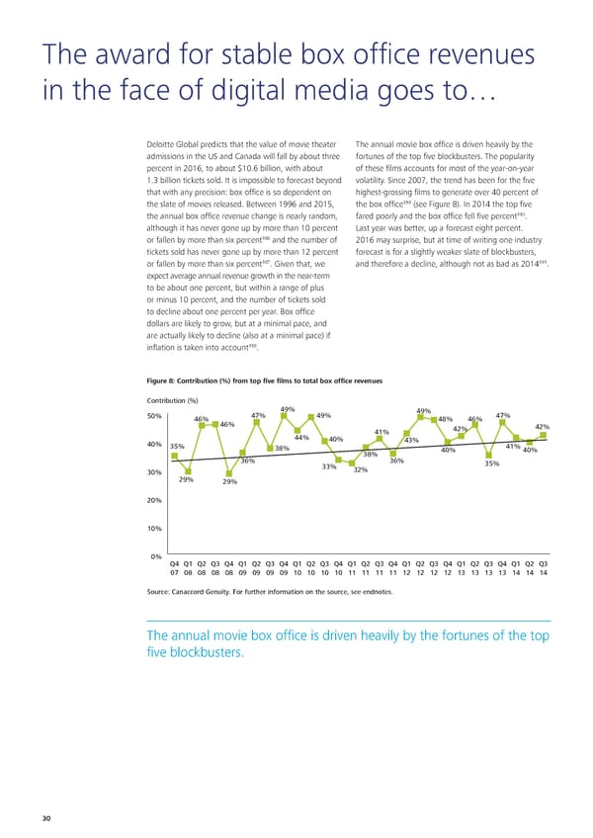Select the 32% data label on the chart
pyautogui.click(x=361, y=470)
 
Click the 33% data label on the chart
pyautogui.click(x=330, y=467)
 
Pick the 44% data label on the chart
pyautogui.click(x=302, y=439)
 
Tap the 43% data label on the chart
pyautogui.click(x=412, y=441)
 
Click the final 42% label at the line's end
pyautogui.click(x=542, y=427)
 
